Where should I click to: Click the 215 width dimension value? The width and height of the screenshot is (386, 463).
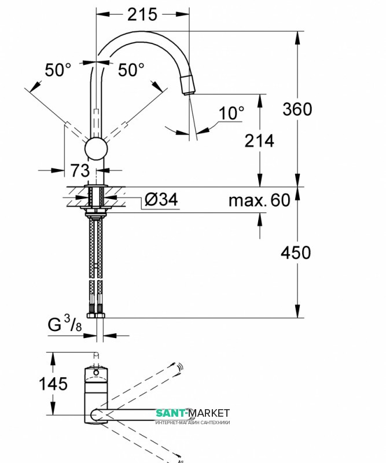point(142,14)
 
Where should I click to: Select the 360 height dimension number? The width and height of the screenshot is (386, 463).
point(297,109)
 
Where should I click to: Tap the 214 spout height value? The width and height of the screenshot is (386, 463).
point(259,141)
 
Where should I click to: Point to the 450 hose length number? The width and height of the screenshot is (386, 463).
point(296,252)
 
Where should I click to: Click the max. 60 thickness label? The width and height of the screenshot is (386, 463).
point(259,200)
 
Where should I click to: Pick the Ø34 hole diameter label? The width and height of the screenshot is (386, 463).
point(161,200)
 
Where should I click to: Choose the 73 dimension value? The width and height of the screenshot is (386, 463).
point(80,171)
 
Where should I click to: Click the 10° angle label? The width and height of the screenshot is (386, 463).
point(232,113)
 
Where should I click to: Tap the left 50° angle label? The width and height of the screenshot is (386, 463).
point(58,70)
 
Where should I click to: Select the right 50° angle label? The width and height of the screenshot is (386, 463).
point(131,70)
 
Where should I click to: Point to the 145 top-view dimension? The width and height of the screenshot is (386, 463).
point(52,383)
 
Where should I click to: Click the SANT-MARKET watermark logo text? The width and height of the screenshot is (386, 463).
point(193,413)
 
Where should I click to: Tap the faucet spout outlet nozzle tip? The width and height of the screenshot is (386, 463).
point(189,87)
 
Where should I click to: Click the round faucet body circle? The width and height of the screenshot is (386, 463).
point(96,149)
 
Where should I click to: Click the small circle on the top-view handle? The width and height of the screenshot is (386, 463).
point(97,373)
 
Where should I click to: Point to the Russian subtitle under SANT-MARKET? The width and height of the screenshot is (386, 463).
point(193,422)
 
